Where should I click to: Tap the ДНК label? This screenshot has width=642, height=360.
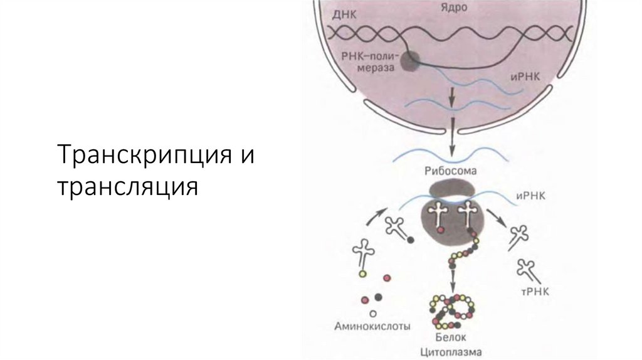pos(344,14)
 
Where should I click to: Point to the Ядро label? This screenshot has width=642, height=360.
pos(451,10)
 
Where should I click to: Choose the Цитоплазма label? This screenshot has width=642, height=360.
pos(451,352)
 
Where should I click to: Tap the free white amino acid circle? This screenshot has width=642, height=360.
pos(374,313)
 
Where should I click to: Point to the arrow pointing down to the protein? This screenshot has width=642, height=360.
pos(451,281)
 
